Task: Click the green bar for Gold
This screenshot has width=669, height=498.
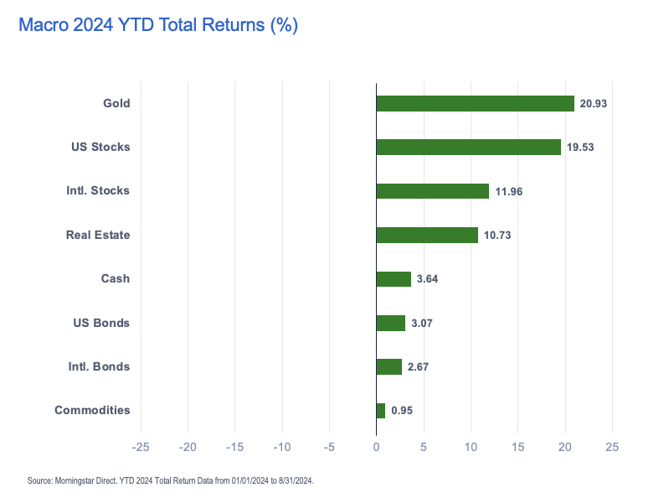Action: click(475, 103)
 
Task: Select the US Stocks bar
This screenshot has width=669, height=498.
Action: click(468, 147)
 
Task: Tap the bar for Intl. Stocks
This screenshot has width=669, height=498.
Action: click(432, 191)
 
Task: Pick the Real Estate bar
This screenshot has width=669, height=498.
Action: click(427, 235)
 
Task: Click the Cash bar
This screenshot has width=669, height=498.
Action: click(394, 279)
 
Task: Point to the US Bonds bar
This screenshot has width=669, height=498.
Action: click(390, 323)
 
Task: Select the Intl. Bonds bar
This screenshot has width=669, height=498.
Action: click(389, 366)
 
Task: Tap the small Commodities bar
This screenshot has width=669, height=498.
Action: click(381, 411)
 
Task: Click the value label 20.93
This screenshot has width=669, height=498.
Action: click(594, 103)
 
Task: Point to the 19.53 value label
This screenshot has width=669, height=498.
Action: click(580, 148)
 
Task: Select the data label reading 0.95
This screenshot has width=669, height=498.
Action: click(402, 411)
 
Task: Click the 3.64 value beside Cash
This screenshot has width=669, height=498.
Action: click(427, 279)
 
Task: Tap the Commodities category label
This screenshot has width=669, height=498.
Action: click(92, 410)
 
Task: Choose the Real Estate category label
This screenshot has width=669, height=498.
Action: click(98, 235)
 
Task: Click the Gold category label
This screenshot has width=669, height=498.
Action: click(116, 103)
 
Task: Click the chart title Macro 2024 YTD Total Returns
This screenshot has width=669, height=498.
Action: click(158, 26)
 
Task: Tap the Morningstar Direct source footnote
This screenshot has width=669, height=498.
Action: click(171, 480)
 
